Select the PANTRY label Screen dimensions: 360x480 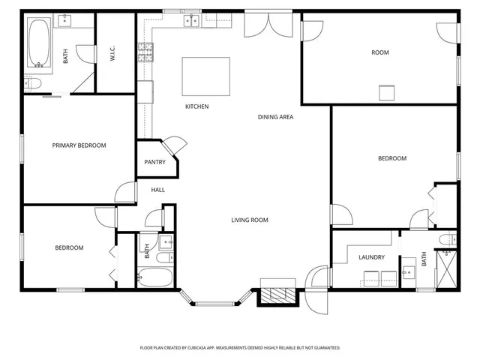(x=154, y=162)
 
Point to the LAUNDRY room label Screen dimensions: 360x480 (x=371, y=257)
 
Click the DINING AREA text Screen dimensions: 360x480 (x=275, y=117)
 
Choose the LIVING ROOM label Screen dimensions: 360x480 (x=249, y=220)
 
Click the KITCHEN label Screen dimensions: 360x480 (x=196, y=106)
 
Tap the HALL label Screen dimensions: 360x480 (x=157, y=190)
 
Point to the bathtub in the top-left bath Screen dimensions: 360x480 (x=38, y=44)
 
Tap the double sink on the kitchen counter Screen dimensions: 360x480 (x=191, y=21)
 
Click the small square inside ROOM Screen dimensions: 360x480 (x=385, y=92)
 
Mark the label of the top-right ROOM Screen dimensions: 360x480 (x=379, y=52)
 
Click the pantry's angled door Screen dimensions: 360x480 (x=175, y=144)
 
